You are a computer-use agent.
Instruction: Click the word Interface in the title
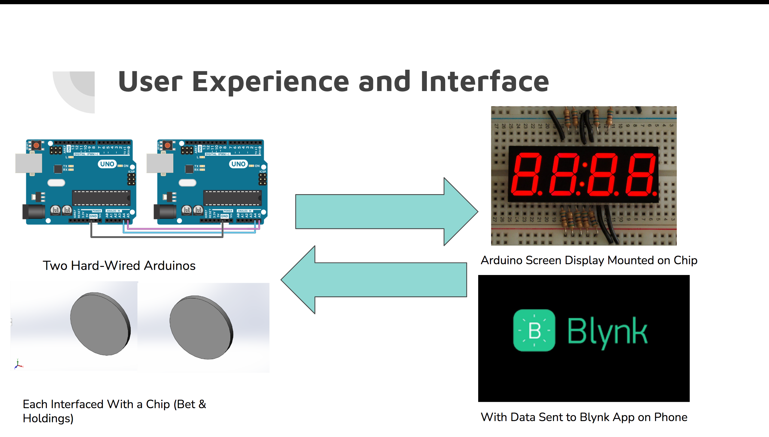click(x=484, y=81)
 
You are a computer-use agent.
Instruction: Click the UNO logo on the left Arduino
click(x=107, y=164)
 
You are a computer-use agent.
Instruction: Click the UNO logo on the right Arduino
click(x=238, y=164)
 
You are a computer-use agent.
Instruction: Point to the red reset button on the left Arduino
click(x=36, y=146)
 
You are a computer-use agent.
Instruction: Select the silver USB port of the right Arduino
click(x=160, y=163)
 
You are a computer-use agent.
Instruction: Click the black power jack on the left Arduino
click(x=34, y=212)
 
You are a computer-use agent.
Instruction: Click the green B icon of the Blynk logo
click(x=534, y=330)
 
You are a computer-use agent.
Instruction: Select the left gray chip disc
click(x=100, y=324)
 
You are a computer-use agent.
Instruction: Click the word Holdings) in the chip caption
click(x=48, y=418)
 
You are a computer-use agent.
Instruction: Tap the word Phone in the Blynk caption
click(x=670, y=417)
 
